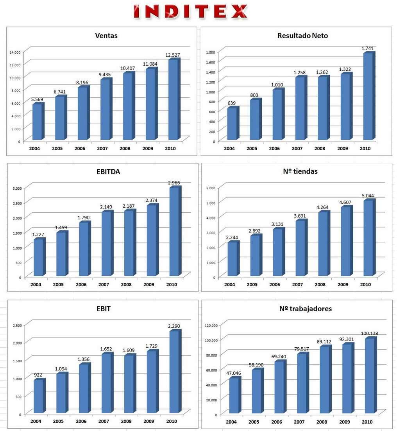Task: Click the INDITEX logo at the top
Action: [x=190, y=12]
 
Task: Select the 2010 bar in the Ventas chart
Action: [x=173, y=100]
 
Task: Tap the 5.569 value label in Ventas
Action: [x=38, y=100]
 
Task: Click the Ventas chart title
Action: [x=106, y=36]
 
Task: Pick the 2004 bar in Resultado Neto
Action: [x=232, y=124]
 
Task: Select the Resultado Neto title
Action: [x=302, y=36]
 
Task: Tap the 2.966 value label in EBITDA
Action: [x=174, y=183]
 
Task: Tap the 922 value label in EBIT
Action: [x=38, y=375]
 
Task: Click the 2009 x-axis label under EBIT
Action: [x=148, y=421]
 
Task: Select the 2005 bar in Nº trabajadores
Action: [x=256, y=391]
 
